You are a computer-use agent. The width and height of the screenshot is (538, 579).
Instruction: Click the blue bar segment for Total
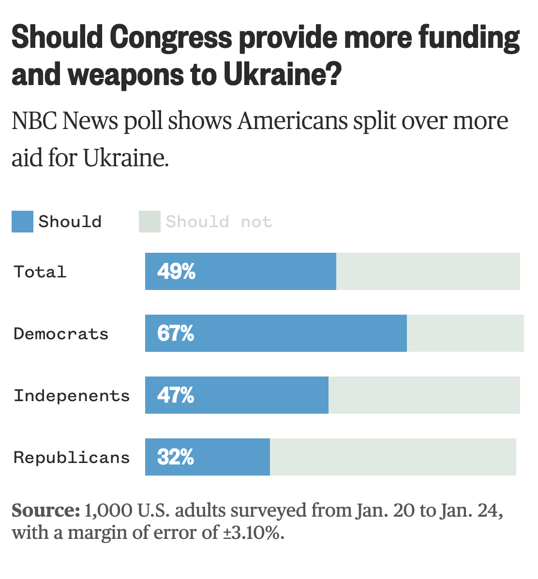point(241,272)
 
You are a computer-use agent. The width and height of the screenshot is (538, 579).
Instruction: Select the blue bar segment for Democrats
point(276,333)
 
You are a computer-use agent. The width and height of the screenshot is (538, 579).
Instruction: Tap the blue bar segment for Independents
point(237,395)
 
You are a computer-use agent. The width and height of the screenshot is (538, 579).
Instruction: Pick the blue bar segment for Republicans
point(208,457)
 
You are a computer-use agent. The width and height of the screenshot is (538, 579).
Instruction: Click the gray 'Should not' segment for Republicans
point(393,457)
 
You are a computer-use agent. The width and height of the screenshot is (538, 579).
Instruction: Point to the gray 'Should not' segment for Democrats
point(465,333)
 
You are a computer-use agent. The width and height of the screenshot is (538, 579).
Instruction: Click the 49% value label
point(177,272)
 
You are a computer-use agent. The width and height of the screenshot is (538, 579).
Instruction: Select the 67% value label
point(176,333)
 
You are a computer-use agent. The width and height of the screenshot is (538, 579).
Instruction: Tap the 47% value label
point(176,395)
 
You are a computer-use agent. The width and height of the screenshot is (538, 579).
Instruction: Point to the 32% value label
point(176,457)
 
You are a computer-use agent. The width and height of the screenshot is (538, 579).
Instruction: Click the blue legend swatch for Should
point(23,221)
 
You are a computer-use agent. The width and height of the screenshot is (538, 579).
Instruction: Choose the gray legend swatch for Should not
point(150,221)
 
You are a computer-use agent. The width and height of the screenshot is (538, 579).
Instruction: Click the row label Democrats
point(61,334)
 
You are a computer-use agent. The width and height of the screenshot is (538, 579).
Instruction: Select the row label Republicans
point(72,458)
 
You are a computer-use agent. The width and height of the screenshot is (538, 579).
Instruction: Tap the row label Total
point(40,272)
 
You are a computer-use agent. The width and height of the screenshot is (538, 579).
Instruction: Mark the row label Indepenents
point(72,396)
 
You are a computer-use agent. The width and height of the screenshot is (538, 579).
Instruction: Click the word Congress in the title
point(171,38)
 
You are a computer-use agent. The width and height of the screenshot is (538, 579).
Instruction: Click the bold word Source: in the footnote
point(46,510)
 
